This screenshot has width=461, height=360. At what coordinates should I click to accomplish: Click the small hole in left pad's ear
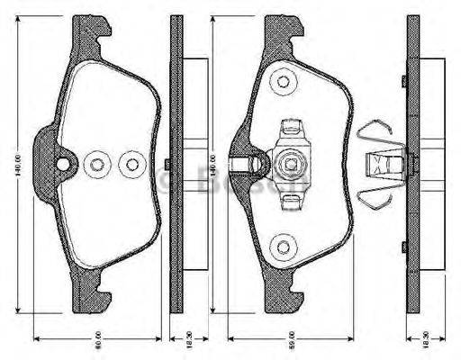pyautogui.click(x=62, y=164)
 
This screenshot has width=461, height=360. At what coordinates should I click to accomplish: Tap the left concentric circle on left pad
pyautogui.click(x=96, y=165)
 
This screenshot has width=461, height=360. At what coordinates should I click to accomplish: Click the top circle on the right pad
pyautogui.click(x=284, y=82)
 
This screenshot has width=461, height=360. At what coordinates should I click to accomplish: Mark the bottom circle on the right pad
pyautogui.click(x=284, y=246)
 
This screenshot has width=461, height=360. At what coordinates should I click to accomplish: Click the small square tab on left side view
pyautogui.click(x=169, y=164)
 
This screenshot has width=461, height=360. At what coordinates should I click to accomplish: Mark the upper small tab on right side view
pyautogui.click(x=404, y=82)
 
